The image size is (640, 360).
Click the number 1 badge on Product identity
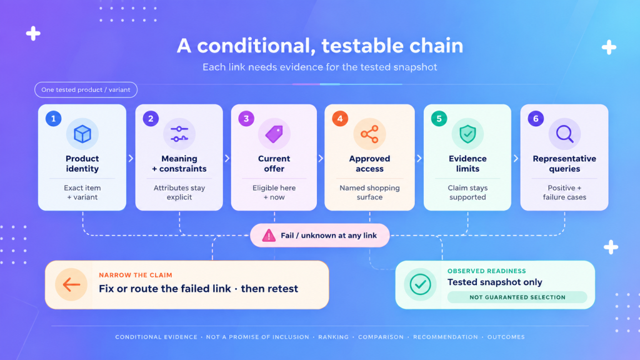coord(54,119)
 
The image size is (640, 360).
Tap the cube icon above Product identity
coord(82,134)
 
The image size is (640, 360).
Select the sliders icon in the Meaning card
coord(179,134)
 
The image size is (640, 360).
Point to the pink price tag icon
coord(274,134)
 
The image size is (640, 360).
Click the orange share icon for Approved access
coord(369,134)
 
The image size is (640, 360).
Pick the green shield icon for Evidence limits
coord(467,134)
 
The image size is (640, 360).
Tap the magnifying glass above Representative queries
coord(564,134)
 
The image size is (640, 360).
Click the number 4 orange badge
coord(340,119)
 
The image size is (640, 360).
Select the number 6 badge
coord(536,119)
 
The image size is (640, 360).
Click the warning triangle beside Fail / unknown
coord(269,236)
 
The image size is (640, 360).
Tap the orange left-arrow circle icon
coord(71,284)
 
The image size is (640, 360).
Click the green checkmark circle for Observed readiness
coord(420,284)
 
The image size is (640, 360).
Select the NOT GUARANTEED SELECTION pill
coord(517,297)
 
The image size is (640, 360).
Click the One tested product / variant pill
coord(86,90)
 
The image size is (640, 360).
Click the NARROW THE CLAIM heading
coord(136,275)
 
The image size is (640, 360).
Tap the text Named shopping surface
coord(369,192)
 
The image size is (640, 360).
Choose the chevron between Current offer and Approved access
coord(321,158)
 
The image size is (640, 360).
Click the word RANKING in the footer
coord(334,337)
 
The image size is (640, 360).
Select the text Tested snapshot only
coord(495,282)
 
